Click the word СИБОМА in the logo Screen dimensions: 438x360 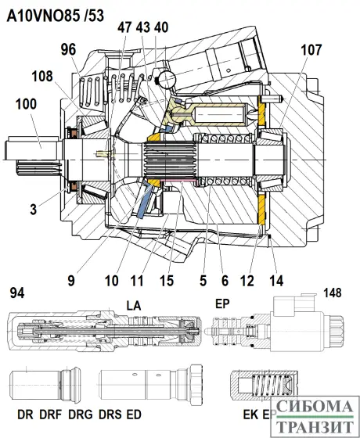[x=312, y=407]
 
